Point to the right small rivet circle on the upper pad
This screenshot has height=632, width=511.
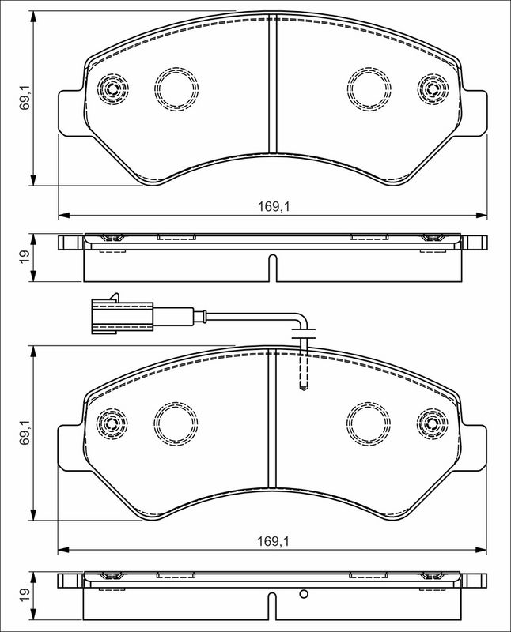coord(433,86)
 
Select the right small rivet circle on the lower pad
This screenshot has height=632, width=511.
coord(433,422)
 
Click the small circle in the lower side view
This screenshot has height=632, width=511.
coord(302,596)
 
